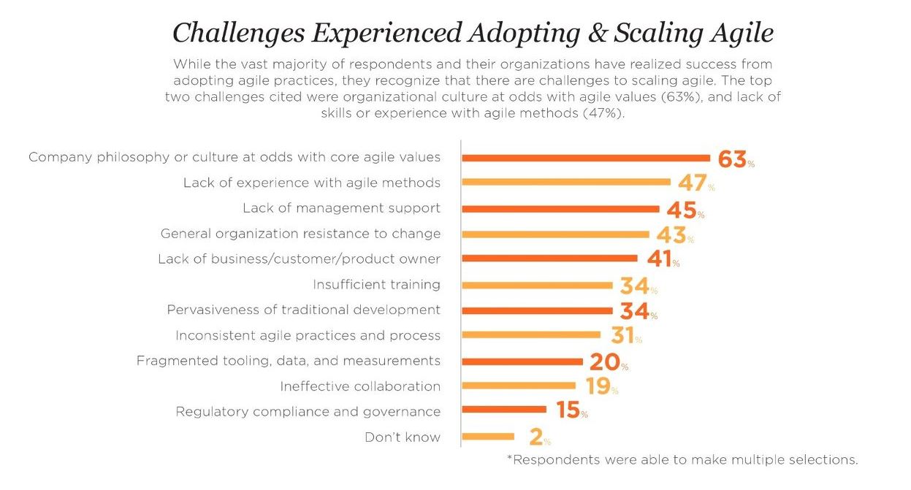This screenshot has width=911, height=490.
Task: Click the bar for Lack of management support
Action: (560, 208)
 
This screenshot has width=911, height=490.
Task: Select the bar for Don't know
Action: (488, 437)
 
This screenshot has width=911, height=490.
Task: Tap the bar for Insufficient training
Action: (537, 285)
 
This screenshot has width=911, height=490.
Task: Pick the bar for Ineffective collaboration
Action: (519, 386)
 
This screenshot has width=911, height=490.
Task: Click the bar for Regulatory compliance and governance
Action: (504, 410)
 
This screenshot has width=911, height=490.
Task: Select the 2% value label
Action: (538, 437)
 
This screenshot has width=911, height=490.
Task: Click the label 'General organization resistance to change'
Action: (300, 234)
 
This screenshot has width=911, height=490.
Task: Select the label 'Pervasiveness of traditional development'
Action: (303, 310)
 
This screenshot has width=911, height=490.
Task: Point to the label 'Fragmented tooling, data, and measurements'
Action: (288, 361)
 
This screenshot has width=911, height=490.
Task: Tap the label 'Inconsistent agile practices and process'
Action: (308, 335)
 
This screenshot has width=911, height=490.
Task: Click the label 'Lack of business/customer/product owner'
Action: (299, 259)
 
